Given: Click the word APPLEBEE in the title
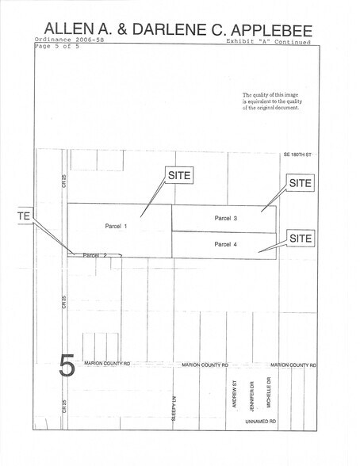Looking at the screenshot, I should pos(270,31).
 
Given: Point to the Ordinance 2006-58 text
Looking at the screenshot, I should pos(69,40).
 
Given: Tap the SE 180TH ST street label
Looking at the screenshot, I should pos(299,155).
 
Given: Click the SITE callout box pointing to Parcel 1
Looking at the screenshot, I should pos(178,174).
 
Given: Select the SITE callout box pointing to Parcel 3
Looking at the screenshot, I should pos(301,182).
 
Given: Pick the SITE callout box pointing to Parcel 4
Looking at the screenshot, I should pos(301,238).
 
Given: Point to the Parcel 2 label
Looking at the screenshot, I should pos(94,255).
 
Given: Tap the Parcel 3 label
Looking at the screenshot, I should pos(226,217).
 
